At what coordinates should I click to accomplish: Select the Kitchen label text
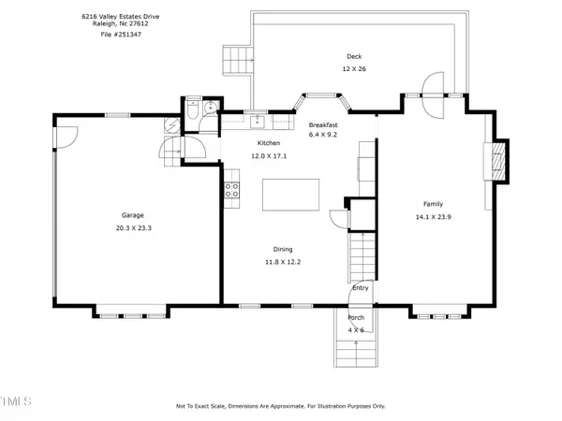coord(269,142)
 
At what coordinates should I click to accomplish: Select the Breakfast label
coord(323,124)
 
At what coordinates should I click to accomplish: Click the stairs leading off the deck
coord(237,63)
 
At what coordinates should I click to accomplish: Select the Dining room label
coord(282,250)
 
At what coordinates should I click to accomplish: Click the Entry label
coord(361,288)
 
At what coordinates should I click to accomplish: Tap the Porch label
coord(357,318)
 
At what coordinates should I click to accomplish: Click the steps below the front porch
coord(357,354)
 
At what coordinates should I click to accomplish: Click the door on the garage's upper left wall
coord(64,137)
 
